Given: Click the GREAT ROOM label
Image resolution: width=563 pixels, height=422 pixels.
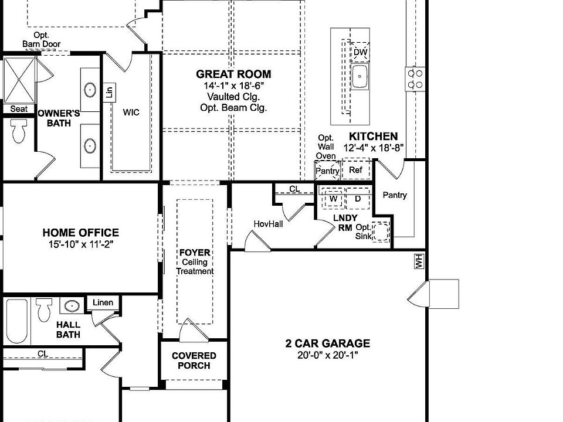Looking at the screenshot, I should click(233, 74).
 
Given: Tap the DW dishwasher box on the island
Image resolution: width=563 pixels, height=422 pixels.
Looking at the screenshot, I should click(360, 52).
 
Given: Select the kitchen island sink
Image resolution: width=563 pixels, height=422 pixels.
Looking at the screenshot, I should click(359, 76).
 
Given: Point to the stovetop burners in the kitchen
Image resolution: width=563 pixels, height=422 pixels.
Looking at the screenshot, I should click(415, 79).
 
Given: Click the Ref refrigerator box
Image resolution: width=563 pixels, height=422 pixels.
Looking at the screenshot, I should click(356, 170).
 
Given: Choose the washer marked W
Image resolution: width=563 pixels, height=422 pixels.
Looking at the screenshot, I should click(334, 199).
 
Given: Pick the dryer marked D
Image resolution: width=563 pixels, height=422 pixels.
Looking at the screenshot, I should click(358, 199).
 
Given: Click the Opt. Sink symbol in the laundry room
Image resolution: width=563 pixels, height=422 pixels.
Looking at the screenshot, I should click(381, 231).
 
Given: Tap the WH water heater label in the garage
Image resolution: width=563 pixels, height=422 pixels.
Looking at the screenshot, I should click(419, 262).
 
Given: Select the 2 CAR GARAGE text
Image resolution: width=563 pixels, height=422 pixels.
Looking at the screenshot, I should click(328, 343).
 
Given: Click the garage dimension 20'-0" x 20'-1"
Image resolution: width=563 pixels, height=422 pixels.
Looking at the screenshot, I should click(328, 355).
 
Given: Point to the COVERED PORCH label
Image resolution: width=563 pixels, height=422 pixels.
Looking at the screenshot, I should click(194, 360).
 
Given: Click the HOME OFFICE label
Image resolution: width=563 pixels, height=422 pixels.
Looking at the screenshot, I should click(80, 233).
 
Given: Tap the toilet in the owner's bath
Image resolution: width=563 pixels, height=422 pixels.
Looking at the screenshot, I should click(19, 131).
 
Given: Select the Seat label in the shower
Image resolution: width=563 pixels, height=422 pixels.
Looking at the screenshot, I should click(19, 109).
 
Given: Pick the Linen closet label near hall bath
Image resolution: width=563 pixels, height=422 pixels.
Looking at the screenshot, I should click(103, 302).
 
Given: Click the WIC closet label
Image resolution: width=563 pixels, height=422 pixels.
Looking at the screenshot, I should click(131, 112).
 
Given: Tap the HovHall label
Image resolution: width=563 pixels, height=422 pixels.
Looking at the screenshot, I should click(268, 224).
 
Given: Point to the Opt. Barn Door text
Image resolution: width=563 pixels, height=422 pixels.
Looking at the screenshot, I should click(41, 40).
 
